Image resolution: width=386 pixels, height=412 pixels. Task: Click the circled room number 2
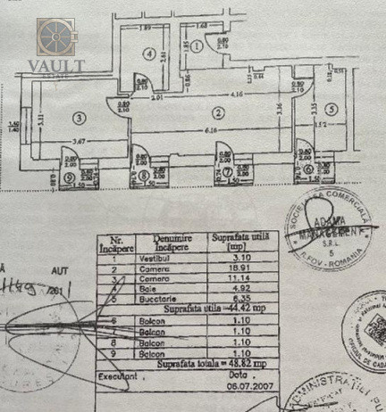point(216,113)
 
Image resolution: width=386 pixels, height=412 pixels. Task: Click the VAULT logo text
point(56,66)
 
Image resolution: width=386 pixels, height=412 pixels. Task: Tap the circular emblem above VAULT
point(57,37)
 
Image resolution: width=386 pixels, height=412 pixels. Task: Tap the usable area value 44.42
point(229,309)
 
